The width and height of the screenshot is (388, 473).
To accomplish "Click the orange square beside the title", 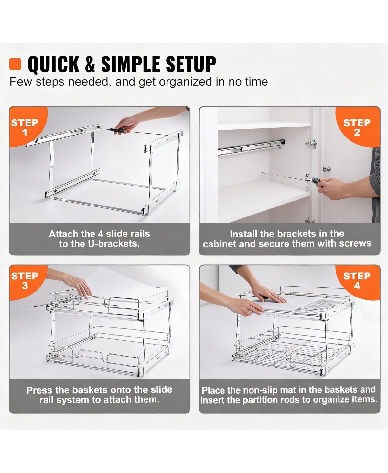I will [15, 64].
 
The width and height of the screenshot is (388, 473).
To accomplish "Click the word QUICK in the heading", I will [53, 64].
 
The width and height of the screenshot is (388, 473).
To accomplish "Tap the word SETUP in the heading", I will [191, 64].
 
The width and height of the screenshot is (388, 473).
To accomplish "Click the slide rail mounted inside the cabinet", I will [251, 147].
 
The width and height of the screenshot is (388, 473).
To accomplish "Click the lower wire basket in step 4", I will [291, 352].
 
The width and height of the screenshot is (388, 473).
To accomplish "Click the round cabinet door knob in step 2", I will [328, 169].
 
